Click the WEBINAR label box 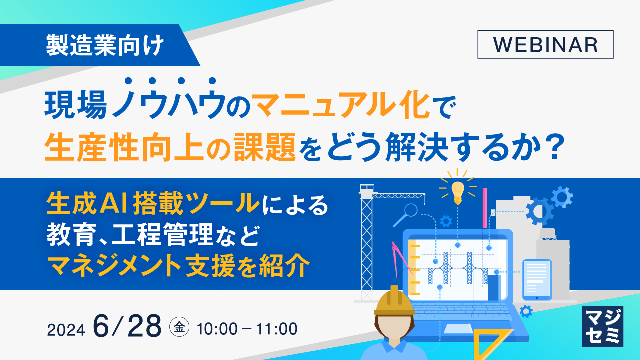pos(545,45)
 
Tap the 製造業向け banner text pos(105,46)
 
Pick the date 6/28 pos(127,328)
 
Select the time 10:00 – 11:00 pos(247,329)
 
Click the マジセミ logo pos(602,326)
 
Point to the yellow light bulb pos(457,191)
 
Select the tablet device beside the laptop pos(537,279)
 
